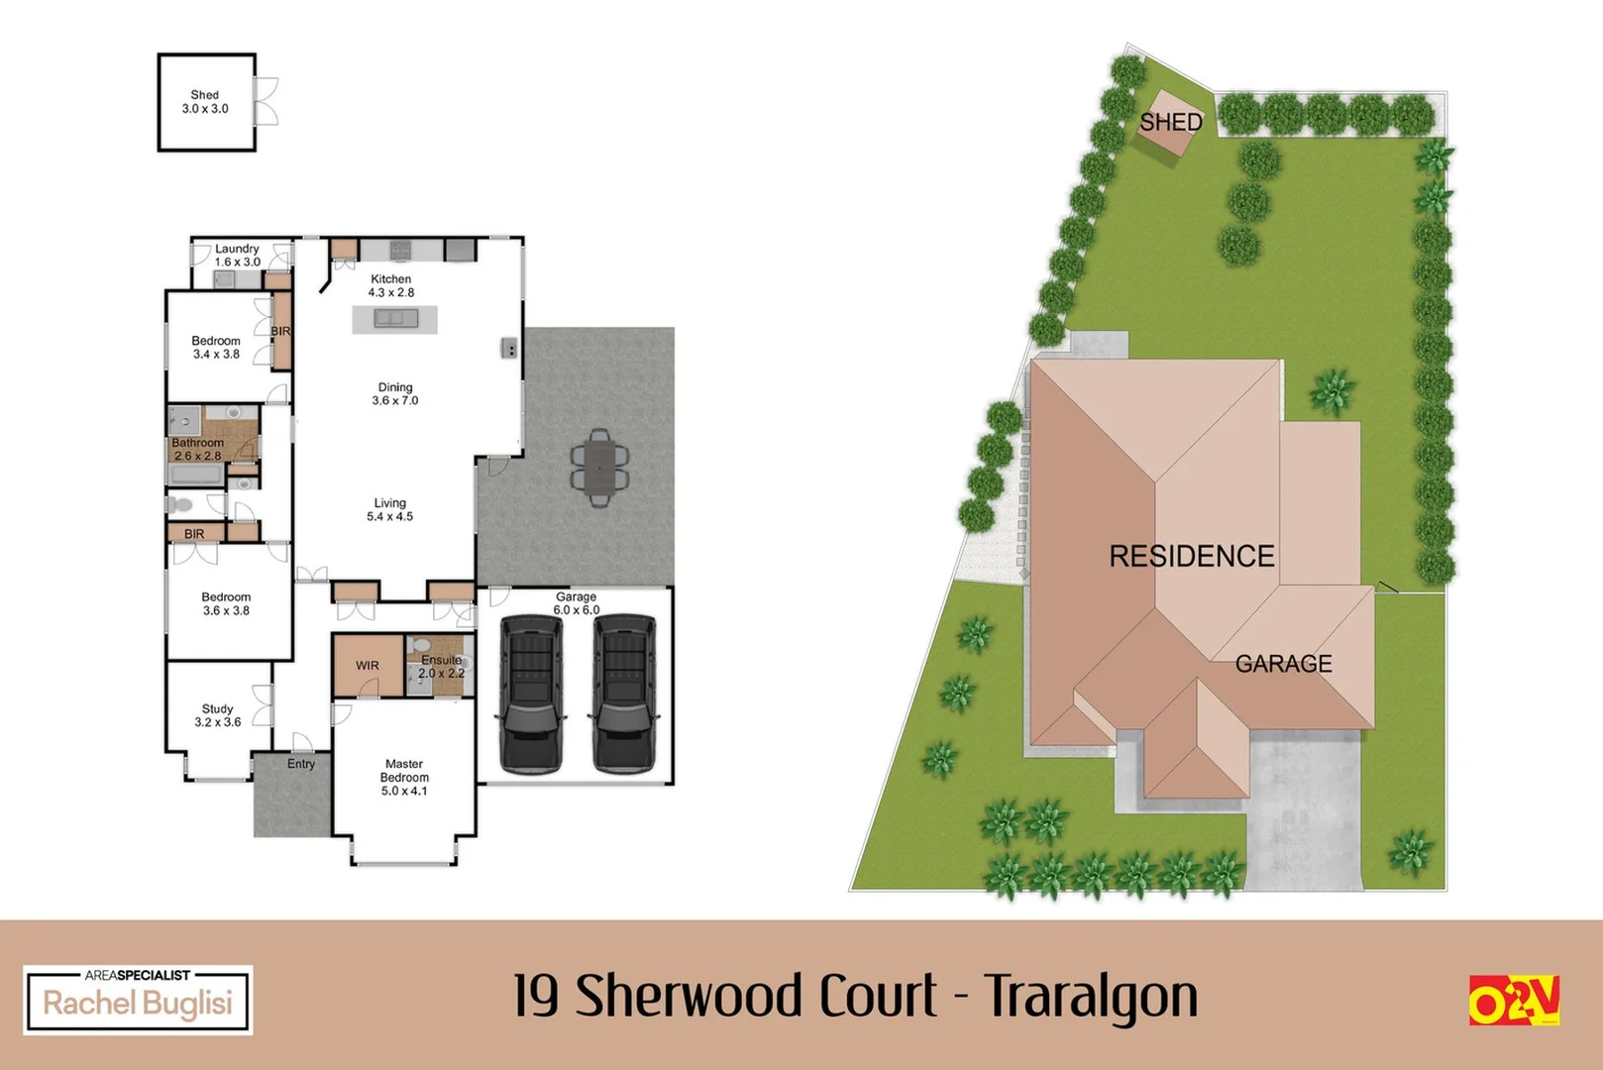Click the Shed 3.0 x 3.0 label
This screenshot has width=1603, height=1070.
click(205, 102)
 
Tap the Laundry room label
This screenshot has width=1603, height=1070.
click(238, 256)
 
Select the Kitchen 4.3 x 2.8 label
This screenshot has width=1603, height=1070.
click(391, 286)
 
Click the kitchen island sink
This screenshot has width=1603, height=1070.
click(395, 318)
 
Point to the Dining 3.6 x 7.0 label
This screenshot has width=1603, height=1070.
click(395, 394)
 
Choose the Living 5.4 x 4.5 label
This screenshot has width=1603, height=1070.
click(390, 510)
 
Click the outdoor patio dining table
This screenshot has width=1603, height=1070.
click(599, 467)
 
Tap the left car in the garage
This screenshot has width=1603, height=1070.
click(532, 694)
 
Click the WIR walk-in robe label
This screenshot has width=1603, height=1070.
click(368, 666)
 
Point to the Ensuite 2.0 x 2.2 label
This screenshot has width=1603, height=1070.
click(442, 667)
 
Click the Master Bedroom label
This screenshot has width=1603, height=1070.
click(404, 778)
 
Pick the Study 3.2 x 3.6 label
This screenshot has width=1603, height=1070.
click(218, 715)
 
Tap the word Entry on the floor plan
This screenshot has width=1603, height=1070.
click(301, 764)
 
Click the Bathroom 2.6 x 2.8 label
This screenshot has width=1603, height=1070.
click(198, 450)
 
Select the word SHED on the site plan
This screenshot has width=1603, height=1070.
click(1170, 123)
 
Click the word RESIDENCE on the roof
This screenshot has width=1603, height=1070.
click(1192, 557)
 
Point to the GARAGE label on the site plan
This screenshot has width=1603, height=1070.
click(1283, 664)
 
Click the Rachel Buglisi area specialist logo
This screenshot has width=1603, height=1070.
click(138, 1001)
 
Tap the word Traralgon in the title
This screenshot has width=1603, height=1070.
click(1092, 996)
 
